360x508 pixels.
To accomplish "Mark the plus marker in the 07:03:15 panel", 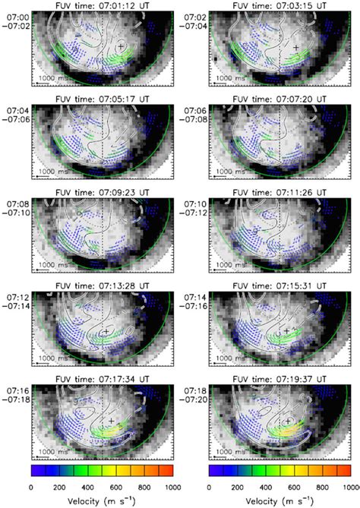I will tap(296, 47).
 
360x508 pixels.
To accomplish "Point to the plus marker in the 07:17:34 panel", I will tap(111, 420).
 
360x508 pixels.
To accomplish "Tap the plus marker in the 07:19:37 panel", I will tap(288, 420).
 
